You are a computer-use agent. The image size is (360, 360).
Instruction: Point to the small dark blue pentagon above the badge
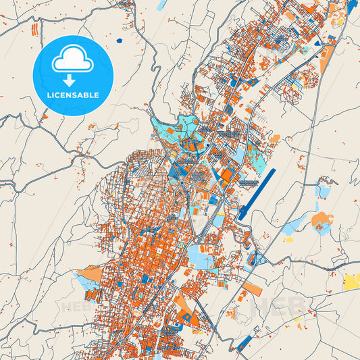[119, 41]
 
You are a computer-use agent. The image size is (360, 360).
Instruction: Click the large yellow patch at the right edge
[352, 280]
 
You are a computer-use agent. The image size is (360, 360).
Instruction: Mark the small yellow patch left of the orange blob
[288, 238]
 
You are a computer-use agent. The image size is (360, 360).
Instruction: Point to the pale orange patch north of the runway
[275, 138]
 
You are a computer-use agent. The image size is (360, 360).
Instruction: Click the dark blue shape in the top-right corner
[353, 8]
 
